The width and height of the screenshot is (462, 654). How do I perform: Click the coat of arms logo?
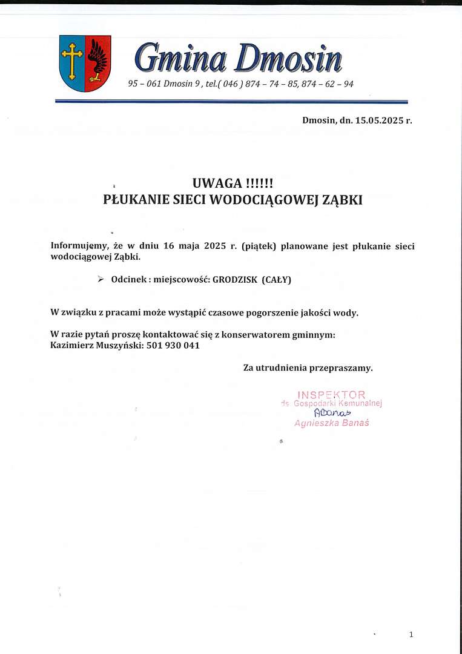[85, 63]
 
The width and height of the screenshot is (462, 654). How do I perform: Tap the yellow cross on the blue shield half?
[72, 61]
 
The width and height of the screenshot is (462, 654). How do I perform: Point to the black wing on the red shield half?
[97, 59]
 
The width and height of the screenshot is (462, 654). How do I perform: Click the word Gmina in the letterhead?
[180, 59]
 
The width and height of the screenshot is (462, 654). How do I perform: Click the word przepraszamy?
[342, 368]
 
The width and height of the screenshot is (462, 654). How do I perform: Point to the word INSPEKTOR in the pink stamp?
[331, 395]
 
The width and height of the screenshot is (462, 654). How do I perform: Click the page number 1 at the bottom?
[411, 634]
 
